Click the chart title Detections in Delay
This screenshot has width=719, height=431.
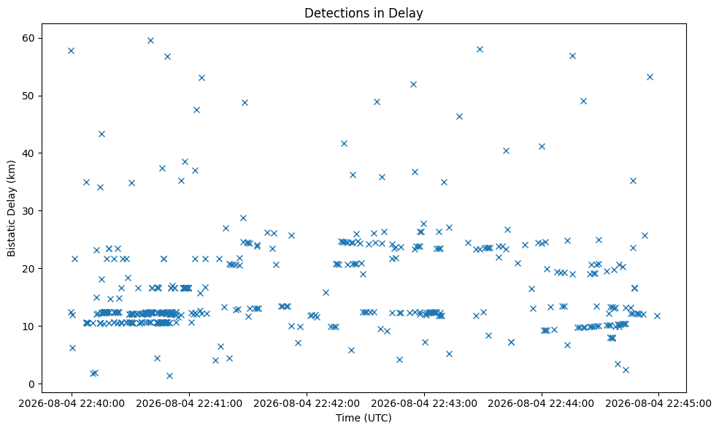[364, 13]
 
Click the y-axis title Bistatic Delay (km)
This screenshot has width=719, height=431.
[11, 208]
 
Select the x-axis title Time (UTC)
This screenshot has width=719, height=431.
[364, 418]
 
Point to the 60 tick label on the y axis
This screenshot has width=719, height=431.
[29, 38]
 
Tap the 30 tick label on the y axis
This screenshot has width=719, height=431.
[29, 211]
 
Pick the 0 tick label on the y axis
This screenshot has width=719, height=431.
[32, 384]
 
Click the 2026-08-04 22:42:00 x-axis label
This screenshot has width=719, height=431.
[307, 404]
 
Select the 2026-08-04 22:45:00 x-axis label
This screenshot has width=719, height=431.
[658, 404]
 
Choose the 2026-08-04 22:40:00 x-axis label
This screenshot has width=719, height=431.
[72, 404]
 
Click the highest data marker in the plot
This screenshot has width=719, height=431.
[150, 40]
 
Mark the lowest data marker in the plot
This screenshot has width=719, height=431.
[169, 376]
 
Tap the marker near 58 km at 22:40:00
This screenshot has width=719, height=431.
[71, 50]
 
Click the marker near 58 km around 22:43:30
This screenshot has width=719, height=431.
[480, 49]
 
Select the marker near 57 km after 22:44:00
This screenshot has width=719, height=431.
[572, 56]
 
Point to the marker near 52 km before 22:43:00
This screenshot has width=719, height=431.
[413, 85]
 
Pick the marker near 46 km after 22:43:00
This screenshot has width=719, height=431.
[459, 117]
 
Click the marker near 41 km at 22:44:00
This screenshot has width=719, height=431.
[542, 146]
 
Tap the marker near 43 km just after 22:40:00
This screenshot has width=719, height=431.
[101, 134]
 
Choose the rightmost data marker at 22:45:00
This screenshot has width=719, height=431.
[657, 316]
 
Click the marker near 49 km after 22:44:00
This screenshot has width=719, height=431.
[583, 102]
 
